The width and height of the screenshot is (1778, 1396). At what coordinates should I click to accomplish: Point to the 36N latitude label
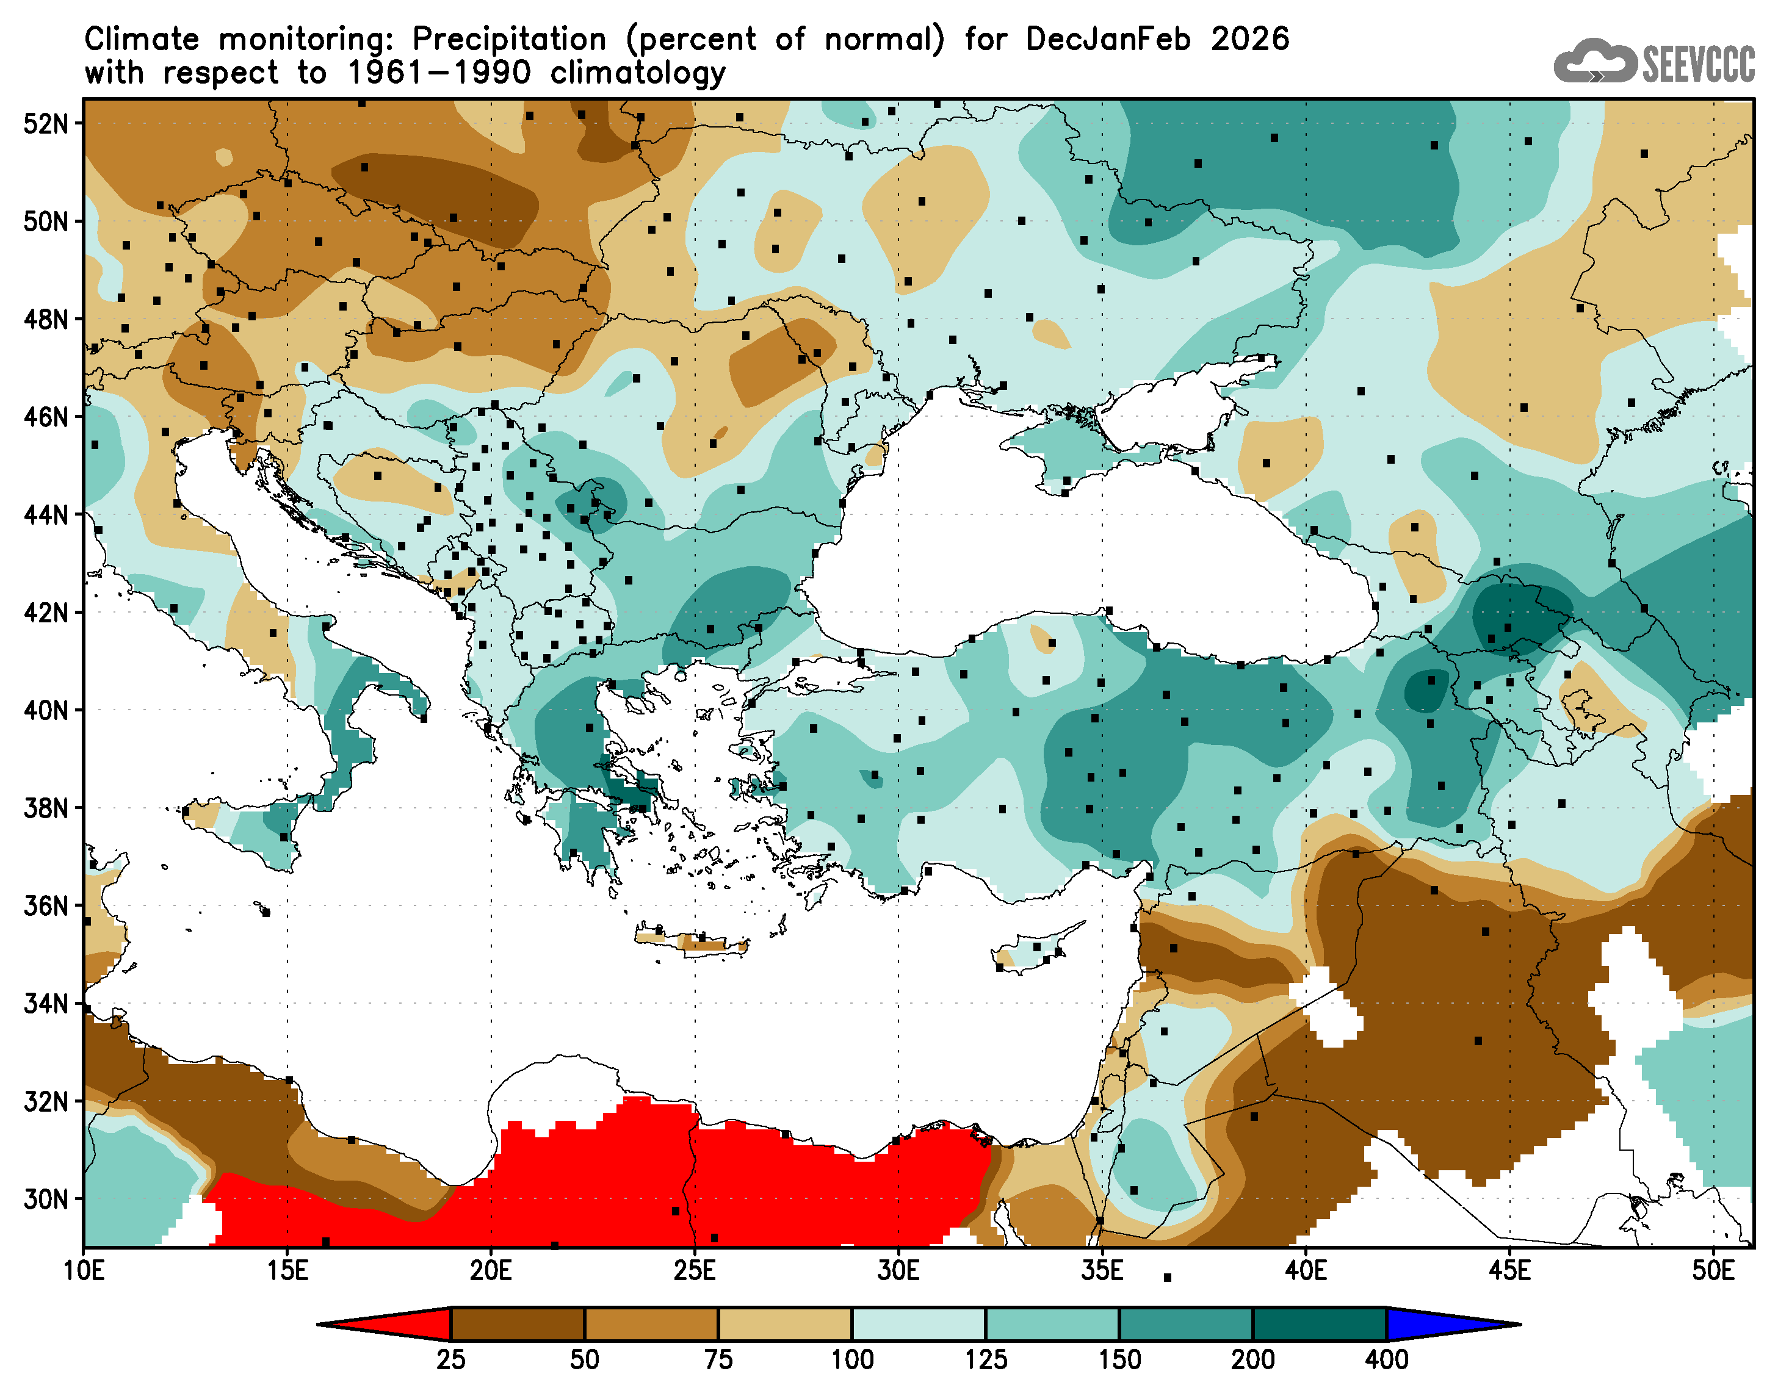coord(46,907)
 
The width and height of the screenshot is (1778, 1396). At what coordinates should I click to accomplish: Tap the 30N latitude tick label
coord(46,1200)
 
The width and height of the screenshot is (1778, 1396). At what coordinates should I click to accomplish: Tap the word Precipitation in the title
coord(508,39)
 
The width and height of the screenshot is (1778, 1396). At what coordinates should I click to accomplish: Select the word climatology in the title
coord(638,74)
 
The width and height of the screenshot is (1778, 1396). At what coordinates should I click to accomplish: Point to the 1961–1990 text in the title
coord(439,74)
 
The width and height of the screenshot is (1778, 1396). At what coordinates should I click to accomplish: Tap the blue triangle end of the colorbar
coord(1447,1323)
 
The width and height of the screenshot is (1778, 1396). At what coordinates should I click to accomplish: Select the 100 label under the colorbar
coord(852,1360)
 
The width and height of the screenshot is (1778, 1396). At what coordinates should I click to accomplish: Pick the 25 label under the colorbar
coord(450,1360)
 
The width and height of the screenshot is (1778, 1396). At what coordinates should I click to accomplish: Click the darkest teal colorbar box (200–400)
coord(1320,1324)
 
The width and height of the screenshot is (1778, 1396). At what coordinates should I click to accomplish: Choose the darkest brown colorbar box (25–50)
coord(518,1324)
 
